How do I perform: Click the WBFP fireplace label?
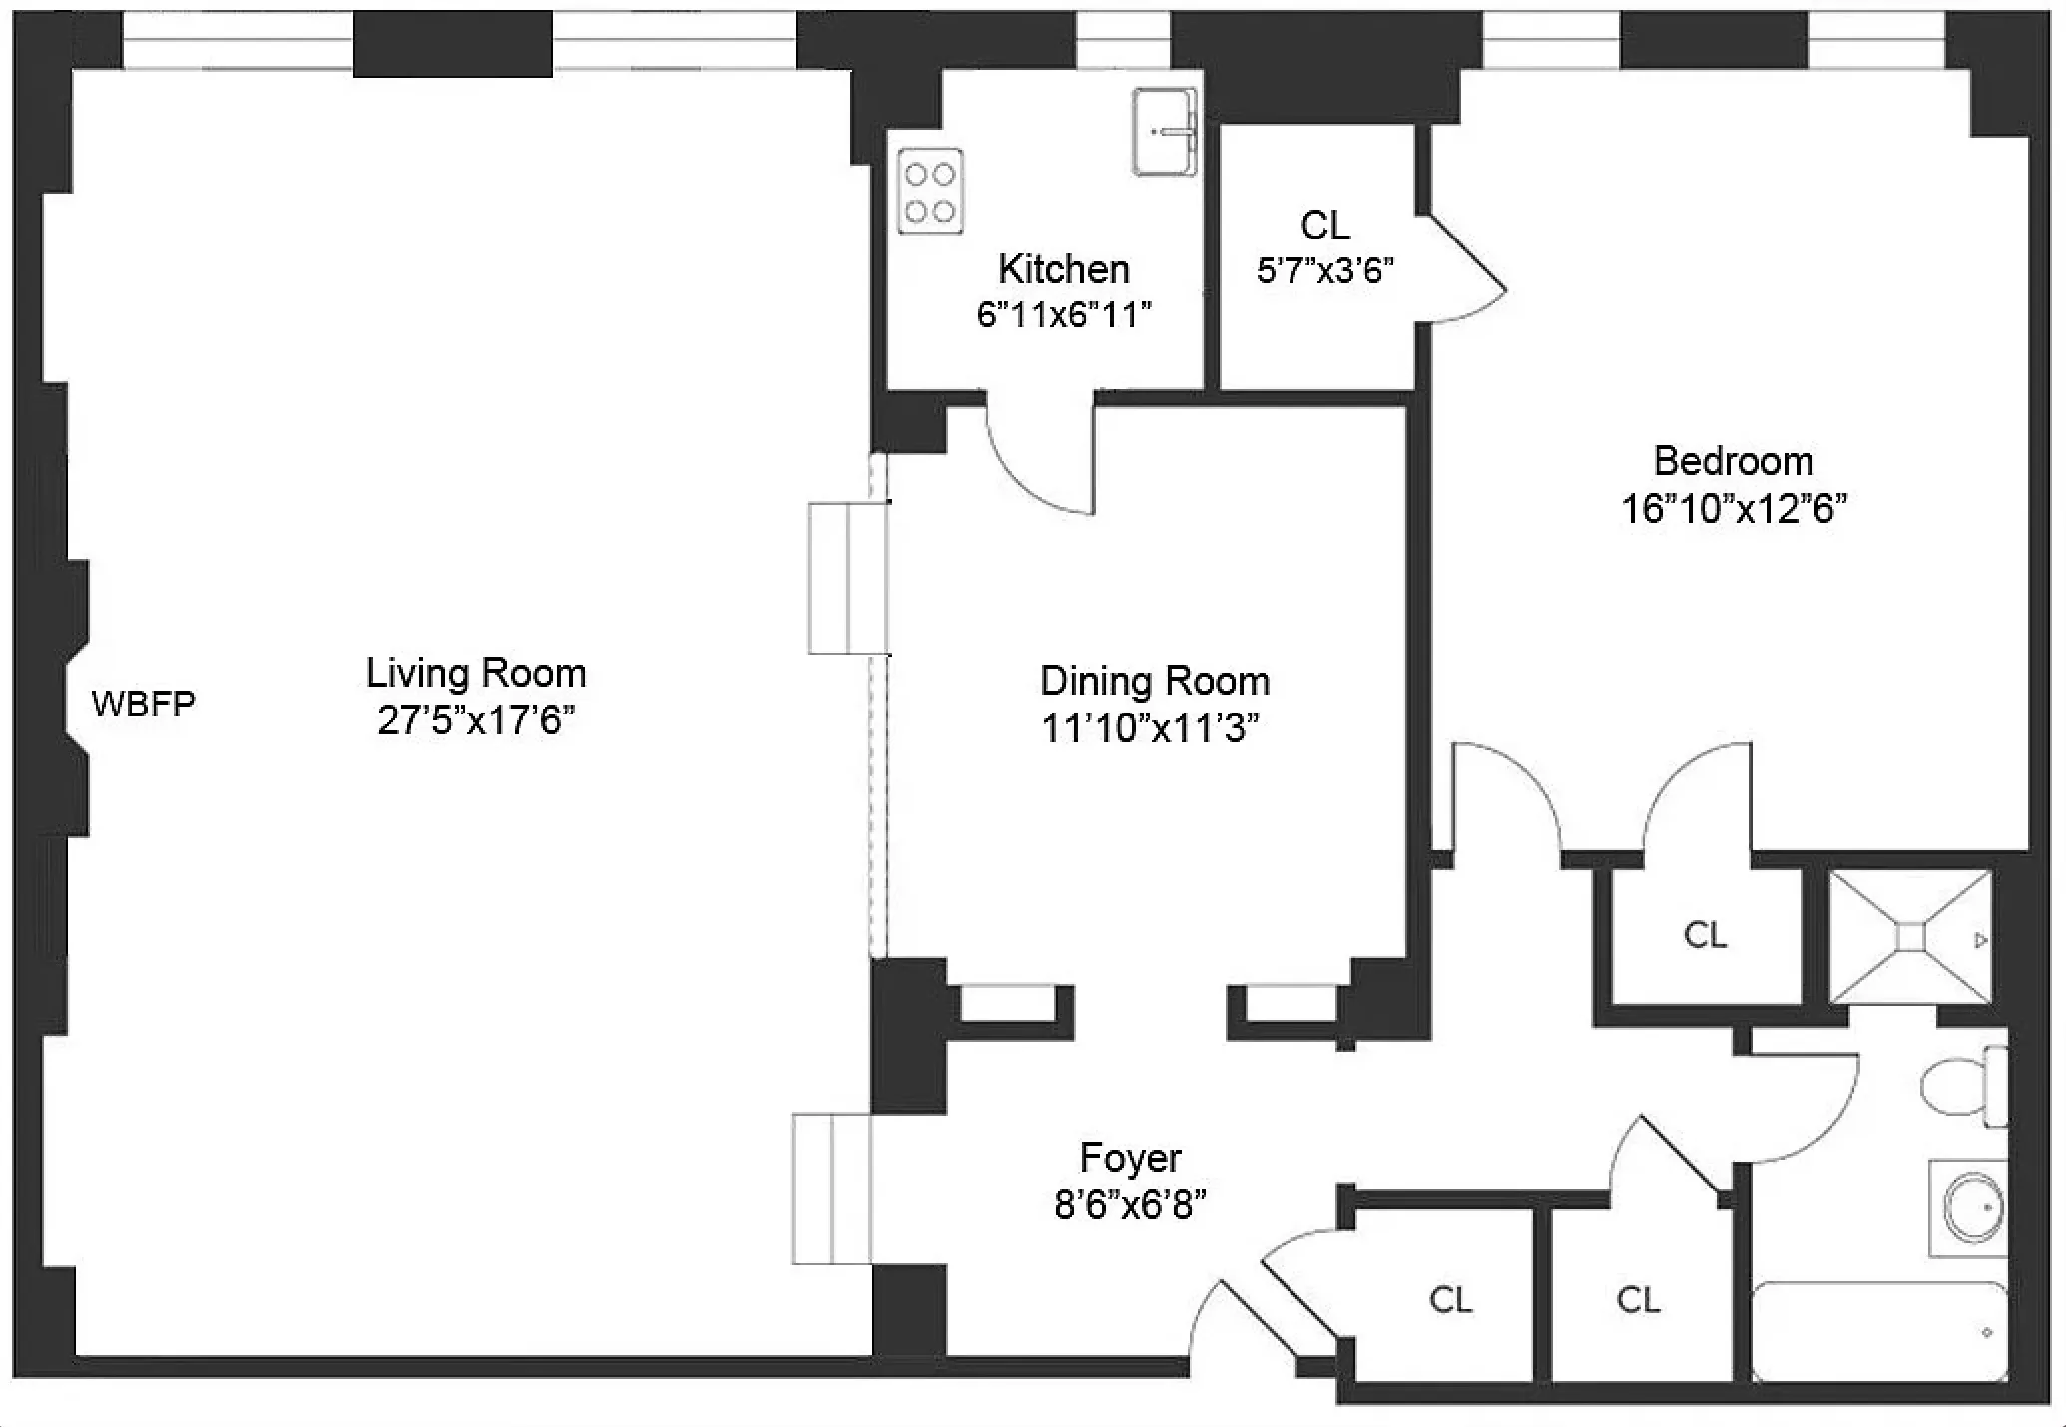(x=143, y=705)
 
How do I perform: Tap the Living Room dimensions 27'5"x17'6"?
(x=476, y=720)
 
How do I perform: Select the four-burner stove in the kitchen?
(x=930, y=192)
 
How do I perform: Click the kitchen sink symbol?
(x=1164, y=132)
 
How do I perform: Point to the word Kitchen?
(x=1064, y=269)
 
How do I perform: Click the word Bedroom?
(x=1733, y=461)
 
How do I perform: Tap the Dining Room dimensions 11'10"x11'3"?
(x=1150, y=728)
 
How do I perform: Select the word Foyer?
(x=1130, y=1158)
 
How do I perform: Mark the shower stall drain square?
(x=1909, y=938)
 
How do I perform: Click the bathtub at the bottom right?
(x=1878, y=1333)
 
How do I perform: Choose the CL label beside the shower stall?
(x=1704, y=935)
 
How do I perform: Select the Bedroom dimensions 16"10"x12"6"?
(x=1733, y=510)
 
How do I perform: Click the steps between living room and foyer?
(x=831, y=1189)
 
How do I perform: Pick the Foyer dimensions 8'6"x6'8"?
(x=1130, y=1205)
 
